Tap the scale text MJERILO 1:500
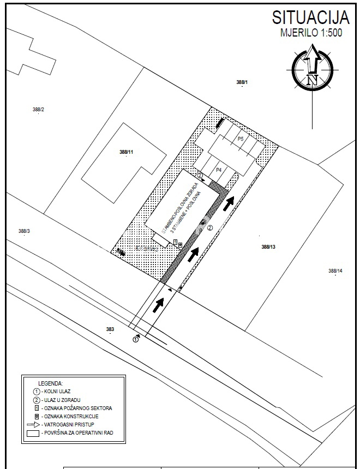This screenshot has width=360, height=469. [x=311, y=32]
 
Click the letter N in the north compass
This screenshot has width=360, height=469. [x=312, y=80]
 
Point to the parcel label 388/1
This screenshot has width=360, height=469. [x=242, y=82]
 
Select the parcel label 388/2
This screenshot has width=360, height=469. [x=38, y=110]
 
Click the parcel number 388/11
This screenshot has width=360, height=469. [x=126, y=152]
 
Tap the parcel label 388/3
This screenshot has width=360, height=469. [x=23, y=231]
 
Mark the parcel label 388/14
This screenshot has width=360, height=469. [x=335, y=271]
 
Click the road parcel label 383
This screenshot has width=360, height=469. [x=110, y=329]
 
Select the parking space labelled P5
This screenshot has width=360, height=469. [x=241, y=139]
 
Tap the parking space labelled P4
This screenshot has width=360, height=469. [x=218, y=170]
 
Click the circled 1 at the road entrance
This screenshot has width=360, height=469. [x=136, y=339]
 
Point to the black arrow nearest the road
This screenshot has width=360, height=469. [x=159, y=304]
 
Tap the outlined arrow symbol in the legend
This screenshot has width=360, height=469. [x=34, y=424]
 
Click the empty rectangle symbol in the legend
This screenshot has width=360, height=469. [x=34, y=433]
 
